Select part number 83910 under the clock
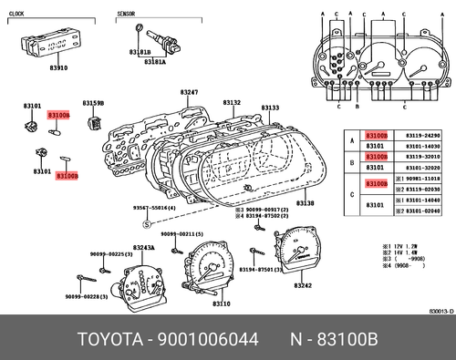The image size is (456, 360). (x=58, y=67)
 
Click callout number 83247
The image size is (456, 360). (x=190, y=93)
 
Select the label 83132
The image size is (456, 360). (x=232, y=103)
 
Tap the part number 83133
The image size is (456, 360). (x=270, y=108)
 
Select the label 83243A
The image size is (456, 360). (x=143, y=248)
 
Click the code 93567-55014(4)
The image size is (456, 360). (x=155, y=209)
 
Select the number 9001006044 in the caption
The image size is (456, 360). (x=212, y=340)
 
